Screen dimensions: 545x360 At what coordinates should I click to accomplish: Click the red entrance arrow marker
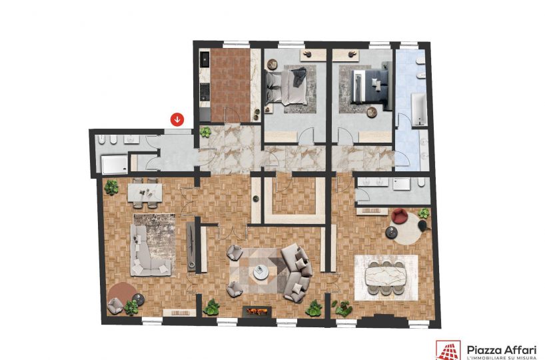177,119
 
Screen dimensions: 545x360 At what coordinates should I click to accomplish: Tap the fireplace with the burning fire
257,311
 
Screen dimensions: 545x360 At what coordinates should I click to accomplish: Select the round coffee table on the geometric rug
261,272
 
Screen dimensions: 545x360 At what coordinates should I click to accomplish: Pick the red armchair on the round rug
399,216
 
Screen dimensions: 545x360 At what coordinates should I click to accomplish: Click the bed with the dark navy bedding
369,86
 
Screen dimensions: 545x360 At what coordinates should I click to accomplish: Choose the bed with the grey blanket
286,87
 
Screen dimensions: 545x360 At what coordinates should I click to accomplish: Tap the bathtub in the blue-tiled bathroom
419,109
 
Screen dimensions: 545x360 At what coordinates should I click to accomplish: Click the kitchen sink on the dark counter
205,61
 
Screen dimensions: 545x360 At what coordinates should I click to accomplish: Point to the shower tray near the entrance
115,164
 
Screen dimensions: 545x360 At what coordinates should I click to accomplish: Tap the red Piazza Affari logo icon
448,351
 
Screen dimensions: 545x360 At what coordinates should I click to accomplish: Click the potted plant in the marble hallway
205,132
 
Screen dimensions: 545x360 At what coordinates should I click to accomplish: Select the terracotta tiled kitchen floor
231,85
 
